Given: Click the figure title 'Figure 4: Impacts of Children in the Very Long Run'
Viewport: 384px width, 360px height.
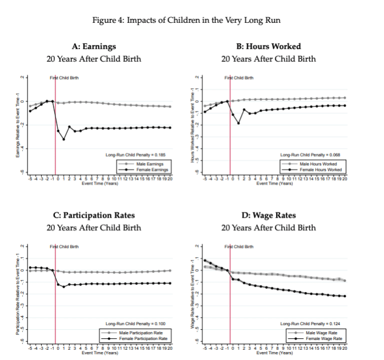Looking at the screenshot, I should point(192,21).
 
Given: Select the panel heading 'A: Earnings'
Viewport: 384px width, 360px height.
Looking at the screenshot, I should point(94,46).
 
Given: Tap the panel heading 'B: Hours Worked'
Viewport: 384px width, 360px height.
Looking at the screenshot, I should point(268,46).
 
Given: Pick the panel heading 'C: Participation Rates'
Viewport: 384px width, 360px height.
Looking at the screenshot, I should point(94,215).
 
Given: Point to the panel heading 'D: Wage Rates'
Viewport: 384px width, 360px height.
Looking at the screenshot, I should point(268,215).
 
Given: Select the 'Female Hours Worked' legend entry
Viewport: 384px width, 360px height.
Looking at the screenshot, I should point(323,170).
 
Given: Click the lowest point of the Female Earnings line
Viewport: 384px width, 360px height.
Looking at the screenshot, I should point(63,139).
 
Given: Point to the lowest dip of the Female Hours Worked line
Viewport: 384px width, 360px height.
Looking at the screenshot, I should point(238,123).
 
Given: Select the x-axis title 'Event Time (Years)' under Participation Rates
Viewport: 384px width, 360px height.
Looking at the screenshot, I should point(100,353).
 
